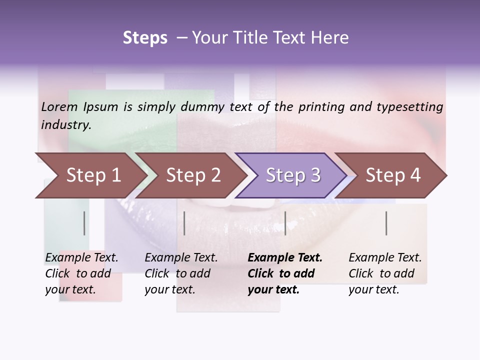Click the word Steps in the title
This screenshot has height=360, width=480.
coord(145,38)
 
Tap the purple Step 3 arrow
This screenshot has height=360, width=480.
coord(293,175)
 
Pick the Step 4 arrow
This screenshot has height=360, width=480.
coord(393,175)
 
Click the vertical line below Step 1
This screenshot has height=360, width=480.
coord(84,223)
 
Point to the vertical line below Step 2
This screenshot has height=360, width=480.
coord(184,223)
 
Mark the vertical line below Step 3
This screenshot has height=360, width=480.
coord(285,223)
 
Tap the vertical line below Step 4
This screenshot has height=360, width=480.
coord(386,223)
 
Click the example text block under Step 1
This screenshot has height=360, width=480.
coord(81,273)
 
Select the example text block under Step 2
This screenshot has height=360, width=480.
coord(181,273)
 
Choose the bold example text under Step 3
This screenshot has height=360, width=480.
coord(285,273)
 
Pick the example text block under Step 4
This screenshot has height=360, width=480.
coord(385,273)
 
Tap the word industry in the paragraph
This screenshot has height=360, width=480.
coord(66,124)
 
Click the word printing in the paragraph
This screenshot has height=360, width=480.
coord(321,106)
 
